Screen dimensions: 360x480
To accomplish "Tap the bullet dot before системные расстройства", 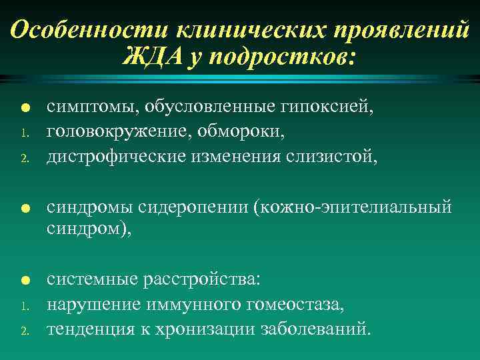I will [x=23, y=281].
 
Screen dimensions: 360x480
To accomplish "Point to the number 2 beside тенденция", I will [x=23, y=331].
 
